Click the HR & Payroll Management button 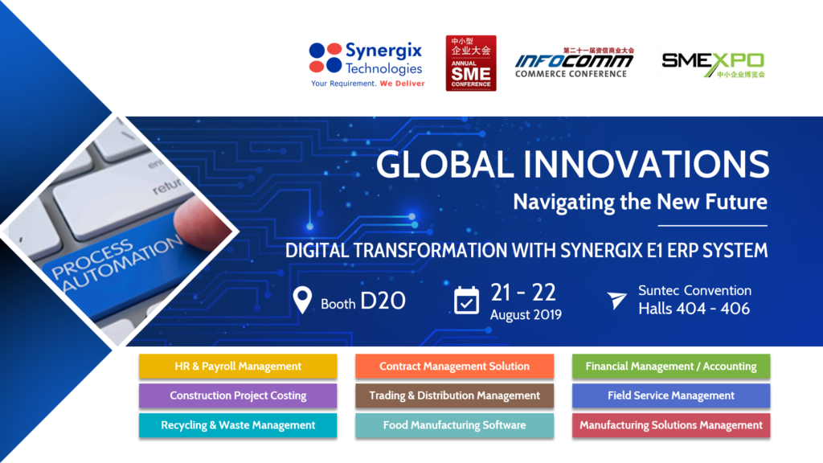point(238,367)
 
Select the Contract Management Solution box point(454,367)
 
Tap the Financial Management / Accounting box point(671,367)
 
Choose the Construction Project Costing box point(238,395)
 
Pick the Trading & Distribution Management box point(454,395)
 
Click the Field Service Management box point(671,395)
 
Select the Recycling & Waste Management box point(238,425)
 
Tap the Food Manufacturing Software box point(454,425)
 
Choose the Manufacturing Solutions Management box point(671,425)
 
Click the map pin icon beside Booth point(302,301)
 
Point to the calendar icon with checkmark point(467,301)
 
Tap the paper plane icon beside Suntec point(616,301)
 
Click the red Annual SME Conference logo point(471,63)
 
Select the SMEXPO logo point(713,64)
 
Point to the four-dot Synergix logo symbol point(326,58)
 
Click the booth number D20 point(383,301)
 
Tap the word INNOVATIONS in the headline point(646,165)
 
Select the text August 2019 point(526,314)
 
